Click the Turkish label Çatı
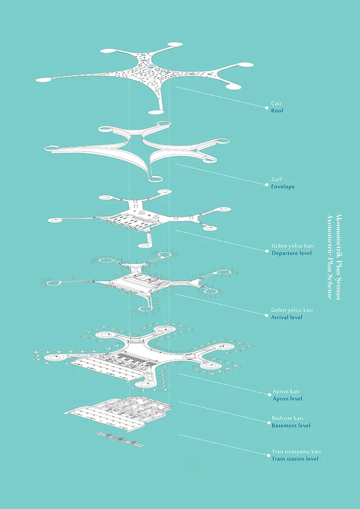pyautogui.click(x=276, y=103)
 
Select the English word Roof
pyautogui.click(x=277, y=110)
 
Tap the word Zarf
pyautogui.click(x=276, y=180)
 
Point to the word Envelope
pyautogui.click(x=283, y=187)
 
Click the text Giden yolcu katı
pyautogui.click(x=292, y=246)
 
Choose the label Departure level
pyautogui.click(x=291, y=253)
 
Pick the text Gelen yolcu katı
pyautogui.click(x=292, y=310)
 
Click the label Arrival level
pyautogui.click(x=287, y=317)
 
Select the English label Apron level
pyautogui.click(x=288, y=399)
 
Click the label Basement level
pyautogui.click(x=291, y=426)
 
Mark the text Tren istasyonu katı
pyautogui.click(x=294, y=451)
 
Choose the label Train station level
pyautogui.click(x=295, y=459)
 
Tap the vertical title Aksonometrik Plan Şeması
pyautogui.click(x=338, y=257)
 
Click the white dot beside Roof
pyautogui.click(x=267, y=107)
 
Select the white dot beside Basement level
pyautogui.click(x=269, y=422)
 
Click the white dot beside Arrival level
pyautogui.click(x=267, y=314)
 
